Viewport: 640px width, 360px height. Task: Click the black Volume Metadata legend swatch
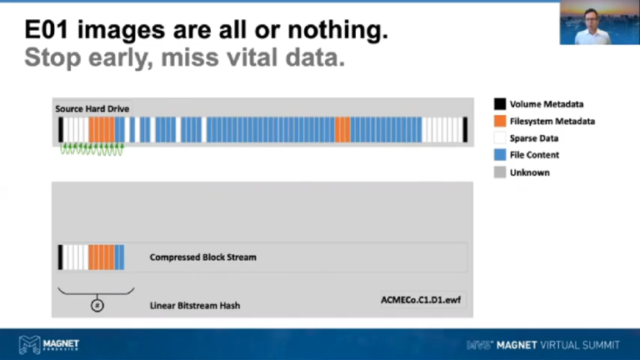coord(499,104)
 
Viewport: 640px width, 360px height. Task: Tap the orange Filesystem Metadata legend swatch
coord(499,121)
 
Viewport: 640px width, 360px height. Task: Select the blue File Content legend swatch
coord(499,155)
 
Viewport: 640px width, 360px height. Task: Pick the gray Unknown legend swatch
coord(499,172)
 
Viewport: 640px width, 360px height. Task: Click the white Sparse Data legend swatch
coord(499,138)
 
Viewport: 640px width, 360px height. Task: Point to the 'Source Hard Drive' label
coord(92,109)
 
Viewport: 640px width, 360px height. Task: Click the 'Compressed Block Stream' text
coord(202,257)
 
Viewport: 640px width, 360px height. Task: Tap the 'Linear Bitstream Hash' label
coord(194,306)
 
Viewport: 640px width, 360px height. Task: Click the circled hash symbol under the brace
coord(96,305)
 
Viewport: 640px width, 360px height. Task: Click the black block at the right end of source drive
coord(465,129)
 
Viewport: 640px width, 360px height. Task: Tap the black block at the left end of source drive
coord(60,129)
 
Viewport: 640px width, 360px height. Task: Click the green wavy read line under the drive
coord(92,150)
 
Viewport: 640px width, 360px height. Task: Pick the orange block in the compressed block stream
coord(101,257)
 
